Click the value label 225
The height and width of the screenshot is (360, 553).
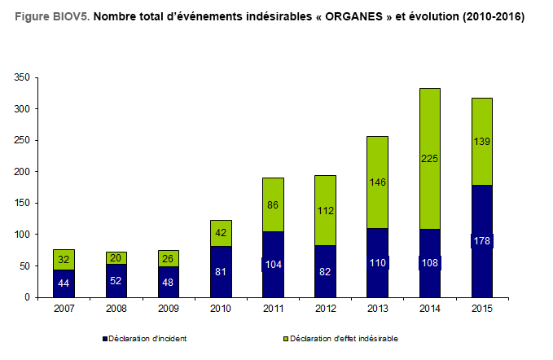point(429,160)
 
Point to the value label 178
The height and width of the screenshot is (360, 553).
point(481,241)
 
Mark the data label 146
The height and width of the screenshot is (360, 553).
point(377,183)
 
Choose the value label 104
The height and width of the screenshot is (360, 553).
point(273,265)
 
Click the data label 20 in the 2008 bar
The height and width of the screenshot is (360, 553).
point(116,257)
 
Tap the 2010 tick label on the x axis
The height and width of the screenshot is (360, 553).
point(221,308)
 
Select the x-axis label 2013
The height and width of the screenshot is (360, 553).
point(377,308)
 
